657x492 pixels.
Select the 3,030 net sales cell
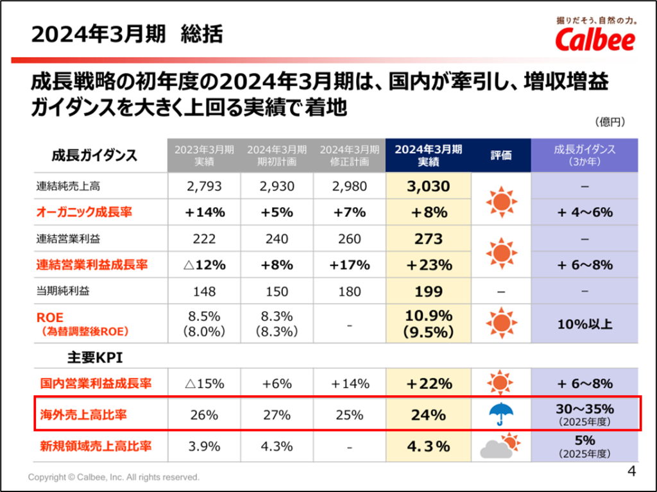[428, 187]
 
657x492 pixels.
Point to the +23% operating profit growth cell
[428, 264]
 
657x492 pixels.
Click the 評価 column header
[501, 155]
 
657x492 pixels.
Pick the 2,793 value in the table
[204, 187]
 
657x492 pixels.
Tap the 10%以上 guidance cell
[584, 324]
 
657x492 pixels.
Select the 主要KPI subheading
[94, 357]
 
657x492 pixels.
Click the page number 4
[631, 471]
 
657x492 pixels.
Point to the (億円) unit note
[610, 122]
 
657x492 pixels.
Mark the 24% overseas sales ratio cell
[428, 414]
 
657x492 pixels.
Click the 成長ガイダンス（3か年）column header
[584, 155]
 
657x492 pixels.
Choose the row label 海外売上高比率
[80, 414]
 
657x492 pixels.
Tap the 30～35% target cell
[584, 409]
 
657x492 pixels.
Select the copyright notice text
[114, 478]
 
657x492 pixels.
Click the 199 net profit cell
[428, 291]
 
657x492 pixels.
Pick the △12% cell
[204, 264]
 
